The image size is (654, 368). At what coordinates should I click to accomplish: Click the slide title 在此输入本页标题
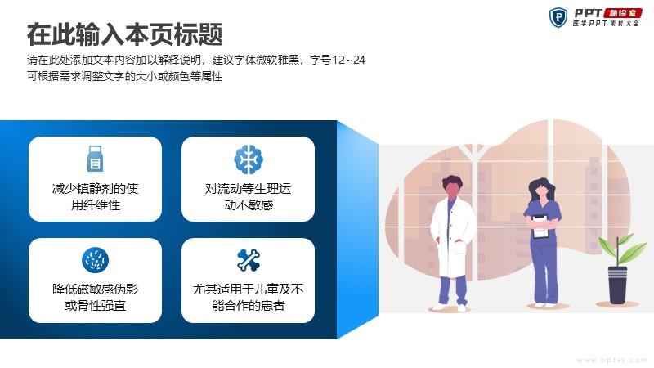125,34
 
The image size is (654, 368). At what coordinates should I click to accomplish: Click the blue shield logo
558,17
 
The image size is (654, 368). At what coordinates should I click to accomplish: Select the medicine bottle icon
95,159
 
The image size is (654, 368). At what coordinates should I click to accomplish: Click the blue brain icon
249,159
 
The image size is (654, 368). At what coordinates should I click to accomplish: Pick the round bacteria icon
95,260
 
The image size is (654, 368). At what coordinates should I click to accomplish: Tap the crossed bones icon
249,260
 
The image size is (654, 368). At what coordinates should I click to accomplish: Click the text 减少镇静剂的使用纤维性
95,196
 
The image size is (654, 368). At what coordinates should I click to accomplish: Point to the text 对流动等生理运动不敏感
249,196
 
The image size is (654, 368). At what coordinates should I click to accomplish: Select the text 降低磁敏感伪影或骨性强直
95,297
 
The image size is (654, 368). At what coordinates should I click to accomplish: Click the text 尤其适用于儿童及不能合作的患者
249,297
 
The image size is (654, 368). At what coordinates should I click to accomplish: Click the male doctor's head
452,186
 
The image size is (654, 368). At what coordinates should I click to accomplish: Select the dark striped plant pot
617,285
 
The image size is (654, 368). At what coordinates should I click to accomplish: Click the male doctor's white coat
452,238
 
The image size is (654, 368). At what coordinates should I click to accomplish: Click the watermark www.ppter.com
612,360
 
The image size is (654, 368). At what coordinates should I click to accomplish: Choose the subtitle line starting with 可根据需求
125,76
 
